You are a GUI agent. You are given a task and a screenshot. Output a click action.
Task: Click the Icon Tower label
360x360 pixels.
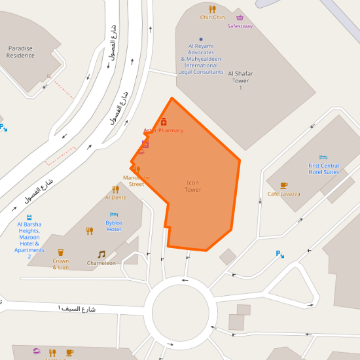[193, 187]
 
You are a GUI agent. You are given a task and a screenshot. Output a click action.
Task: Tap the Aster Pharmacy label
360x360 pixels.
[164, 130]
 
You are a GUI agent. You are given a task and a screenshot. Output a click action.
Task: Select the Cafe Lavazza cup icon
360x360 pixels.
[283, 185]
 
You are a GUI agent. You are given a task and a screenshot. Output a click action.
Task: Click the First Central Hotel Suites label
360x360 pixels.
[323, 169]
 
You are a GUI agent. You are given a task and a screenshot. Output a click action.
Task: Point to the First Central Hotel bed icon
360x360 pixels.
[323, 157]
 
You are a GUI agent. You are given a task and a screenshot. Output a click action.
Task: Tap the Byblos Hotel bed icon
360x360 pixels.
[114, 214]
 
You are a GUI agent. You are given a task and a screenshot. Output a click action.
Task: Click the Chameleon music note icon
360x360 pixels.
[101, 254]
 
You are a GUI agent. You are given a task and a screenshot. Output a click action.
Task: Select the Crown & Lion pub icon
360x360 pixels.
[61, 252]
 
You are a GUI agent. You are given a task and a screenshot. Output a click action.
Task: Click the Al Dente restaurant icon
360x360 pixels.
[116, 189]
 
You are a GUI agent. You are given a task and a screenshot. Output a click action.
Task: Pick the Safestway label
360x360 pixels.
[240, 26]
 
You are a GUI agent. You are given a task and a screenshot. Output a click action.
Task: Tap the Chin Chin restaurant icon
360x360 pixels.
[212, 8]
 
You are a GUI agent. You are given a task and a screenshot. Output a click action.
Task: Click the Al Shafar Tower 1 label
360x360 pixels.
[240, 81]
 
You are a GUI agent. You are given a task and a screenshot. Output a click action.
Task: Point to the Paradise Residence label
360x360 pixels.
[20, 52]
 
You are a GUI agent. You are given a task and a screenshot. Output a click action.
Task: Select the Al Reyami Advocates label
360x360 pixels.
[201, 59]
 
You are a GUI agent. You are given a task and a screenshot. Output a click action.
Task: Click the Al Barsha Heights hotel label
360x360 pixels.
[29, 240]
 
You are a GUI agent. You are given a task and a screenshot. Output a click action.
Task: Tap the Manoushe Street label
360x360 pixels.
[136, 181]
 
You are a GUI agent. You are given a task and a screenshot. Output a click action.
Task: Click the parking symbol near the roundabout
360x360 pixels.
[279, 254]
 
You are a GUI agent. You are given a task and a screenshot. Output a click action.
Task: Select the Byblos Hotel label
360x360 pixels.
[114, 226]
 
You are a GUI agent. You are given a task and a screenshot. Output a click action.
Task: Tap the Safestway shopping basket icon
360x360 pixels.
[240, 18]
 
